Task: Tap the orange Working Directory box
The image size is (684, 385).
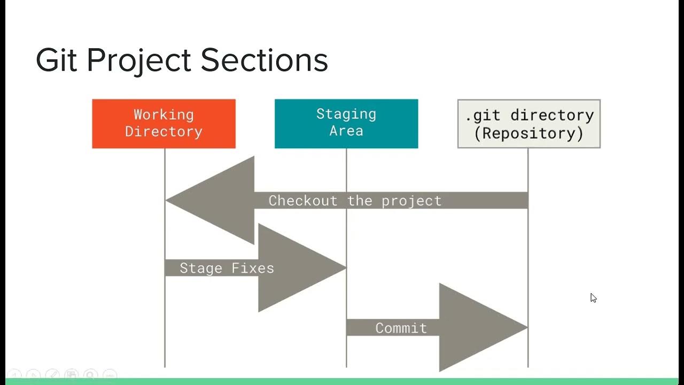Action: (x=164, y=124)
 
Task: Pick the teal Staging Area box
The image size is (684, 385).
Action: (x=346, y=124)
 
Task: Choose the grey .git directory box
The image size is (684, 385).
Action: (x=528, y=124)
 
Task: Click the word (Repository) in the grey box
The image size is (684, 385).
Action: (x=529, y=133)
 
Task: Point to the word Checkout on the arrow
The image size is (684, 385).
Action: (x=303, y=201)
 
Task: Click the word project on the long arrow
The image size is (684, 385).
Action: (x=411, y=201)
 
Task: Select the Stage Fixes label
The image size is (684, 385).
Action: (x=227, y=268)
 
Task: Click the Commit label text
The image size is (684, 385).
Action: (x=401, y=328)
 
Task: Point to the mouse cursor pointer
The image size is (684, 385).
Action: (x=593, y=297)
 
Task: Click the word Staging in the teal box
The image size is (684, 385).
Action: (x=346, y=114)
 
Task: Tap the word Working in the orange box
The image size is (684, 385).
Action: (x=164, y=114)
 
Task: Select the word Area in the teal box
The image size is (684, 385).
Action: (x=346, y=131)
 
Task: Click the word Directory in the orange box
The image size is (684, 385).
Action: (x=164, y=132)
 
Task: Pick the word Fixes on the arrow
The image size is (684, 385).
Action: (x=253, y=268)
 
